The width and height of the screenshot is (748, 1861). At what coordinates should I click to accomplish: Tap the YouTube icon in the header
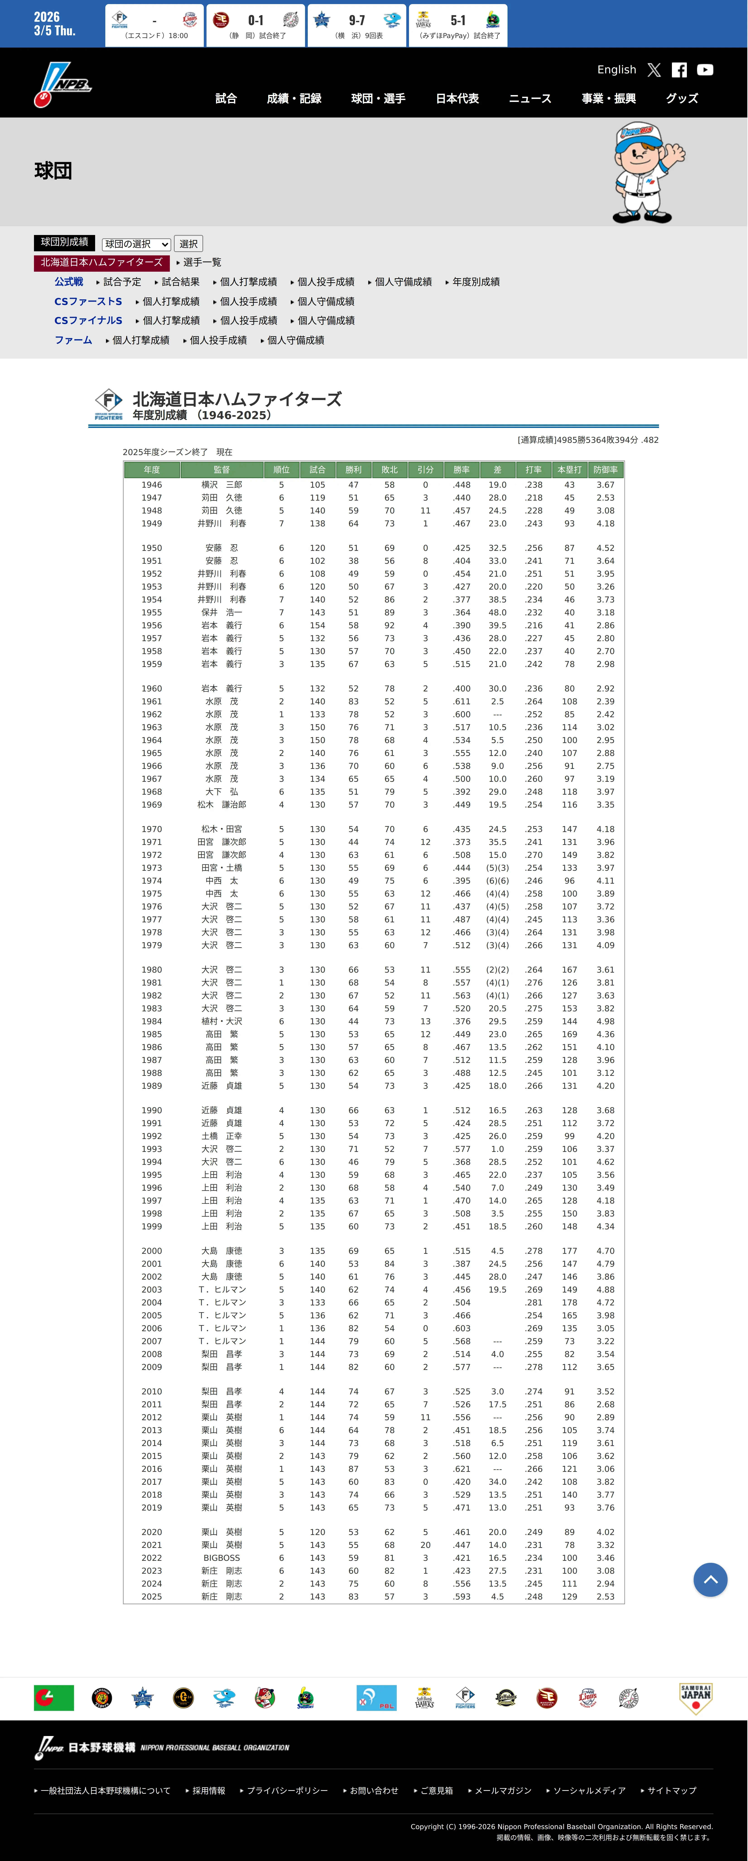[x=705, y=70]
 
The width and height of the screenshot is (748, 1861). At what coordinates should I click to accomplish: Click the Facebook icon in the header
[x=679, y=70]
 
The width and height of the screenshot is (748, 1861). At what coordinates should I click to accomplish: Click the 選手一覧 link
[x=202, y=262]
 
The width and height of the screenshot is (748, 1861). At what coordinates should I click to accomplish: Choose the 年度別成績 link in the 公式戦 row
[x=476, y=282]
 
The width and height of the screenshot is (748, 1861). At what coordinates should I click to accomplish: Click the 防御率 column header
[x=605, y=470]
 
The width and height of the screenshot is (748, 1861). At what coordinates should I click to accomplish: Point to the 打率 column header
[x=533, y=470]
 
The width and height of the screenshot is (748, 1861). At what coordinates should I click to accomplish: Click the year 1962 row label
[x=152, y=715]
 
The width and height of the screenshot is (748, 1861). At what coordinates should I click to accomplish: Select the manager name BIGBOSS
[x=221, y=1558]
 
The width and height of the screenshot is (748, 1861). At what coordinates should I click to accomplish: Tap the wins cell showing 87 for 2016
[x=354, y=1469]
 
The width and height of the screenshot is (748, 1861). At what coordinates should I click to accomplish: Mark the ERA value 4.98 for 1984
[x=605, y=1022]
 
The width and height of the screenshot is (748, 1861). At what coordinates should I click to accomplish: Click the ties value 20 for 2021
[x=425, y=1545]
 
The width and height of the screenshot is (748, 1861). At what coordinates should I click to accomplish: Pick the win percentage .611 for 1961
[x=461, y=701]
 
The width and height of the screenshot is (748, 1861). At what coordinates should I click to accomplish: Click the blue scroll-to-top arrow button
[x=710, y=1580]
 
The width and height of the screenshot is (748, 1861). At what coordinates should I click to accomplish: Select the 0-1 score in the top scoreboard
[x=256, y=20]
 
